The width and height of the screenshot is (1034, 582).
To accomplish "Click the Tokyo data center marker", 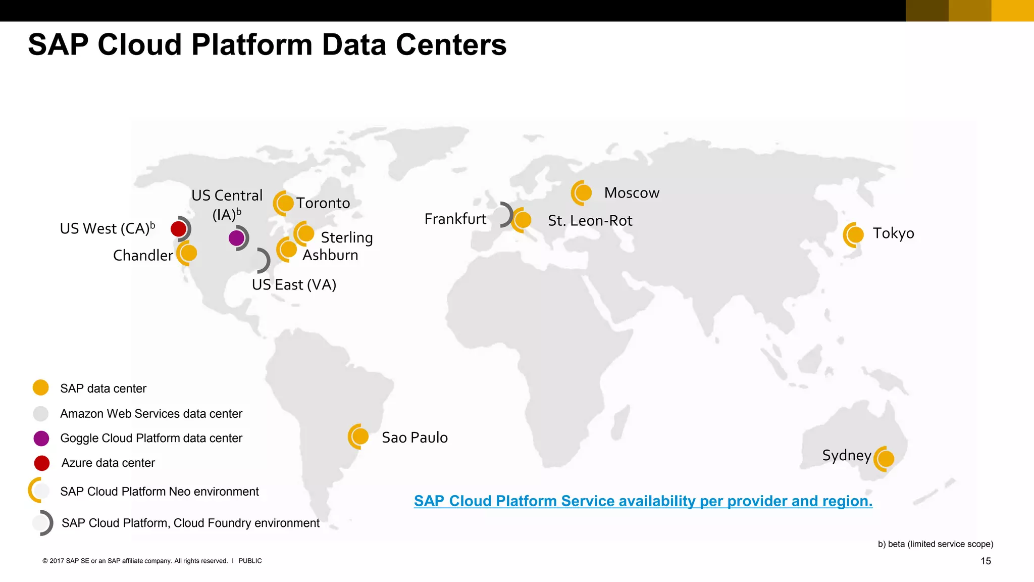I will click(x=855, y=235).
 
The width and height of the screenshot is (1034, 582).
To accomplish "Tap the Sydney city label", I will click(x=847, y=455).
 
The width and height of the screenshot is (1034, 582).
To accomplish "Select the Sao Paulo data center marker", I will click(x=360, y=437).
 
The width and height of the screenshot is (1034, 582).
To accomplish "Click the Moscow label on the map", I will click(x=632, y=193).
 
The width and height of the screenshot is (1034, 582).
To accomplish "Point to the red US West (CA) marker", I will click(x=179, y=229).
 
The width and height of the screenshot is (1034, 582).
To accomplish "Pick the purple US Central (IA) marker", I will click(x=236, y=238).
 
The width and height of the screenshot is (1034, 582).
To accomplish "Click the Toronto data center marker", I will click(x=285, y=203).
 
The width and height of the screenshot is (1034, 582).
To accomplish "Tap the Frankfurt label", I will click(x=455, y=219).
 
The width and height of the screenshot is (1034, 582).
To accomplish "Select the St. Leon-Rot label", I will click(x=590, y=221).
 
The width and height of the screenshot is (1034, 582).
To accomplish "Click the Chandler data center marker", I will click(x=188, y=253).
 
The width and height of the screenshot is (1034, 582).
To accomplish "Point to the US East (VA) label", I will click(x=294, y=285).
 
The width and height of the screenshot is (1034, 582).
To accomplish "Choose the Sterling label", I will click(x=347, y=237).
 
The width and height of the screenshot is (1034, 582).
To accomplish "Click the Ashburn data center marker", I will click(x=288, y=249).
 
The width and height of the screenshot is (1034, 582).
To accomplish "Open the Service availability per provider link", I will click(x=643, y=501).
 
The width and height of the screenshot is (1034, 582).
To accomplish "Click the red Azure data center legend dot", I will click(x=42, y=463).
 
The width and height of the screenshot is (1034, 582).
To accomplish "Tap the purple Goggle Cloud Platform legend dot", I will click(x=41, y=438).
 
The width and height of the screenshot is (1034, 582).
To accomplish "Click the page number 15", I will click(x=986, y=561).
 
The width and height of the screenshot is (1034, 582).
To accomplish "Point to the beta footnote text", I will click(x=935, y=544).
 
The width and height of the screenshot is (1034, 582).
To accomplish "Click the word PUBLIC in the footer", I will click(x=250, y=561).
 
